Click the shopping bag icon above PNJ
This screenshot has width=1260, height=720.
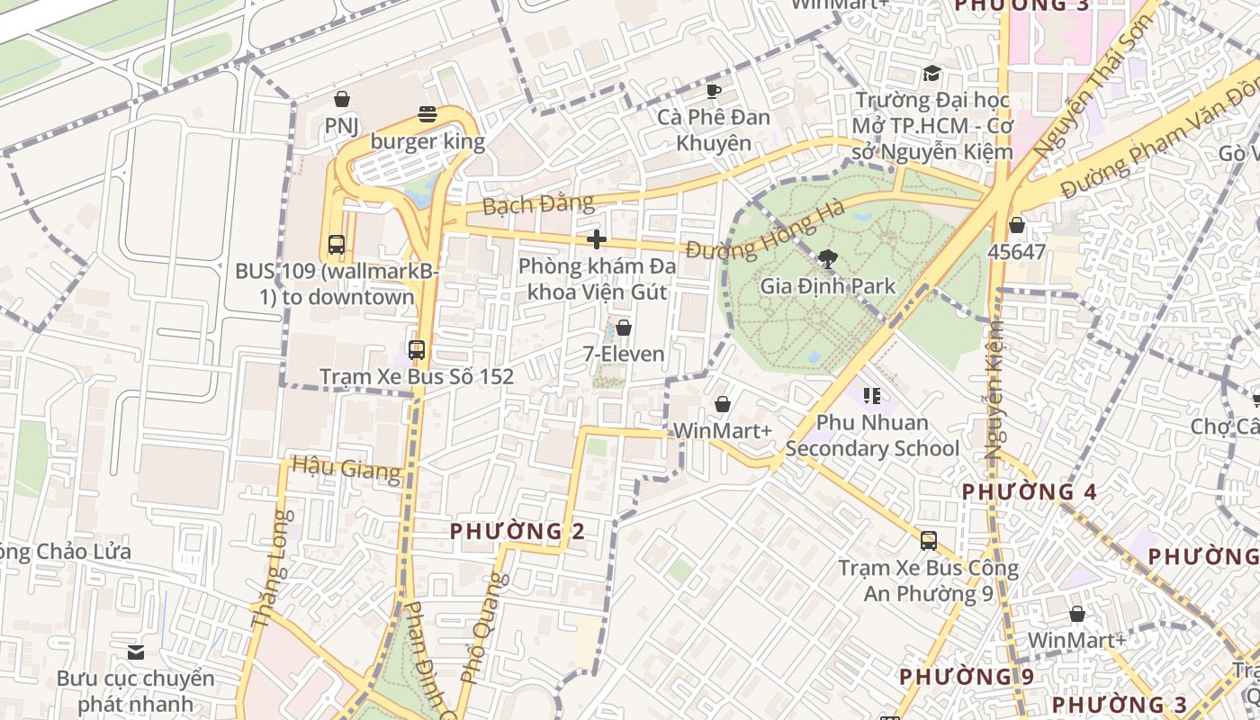pyautogui.click(x=341, y=99)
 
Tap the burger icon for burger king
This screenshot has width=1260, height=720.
pyautogui.click(x=427, y=114)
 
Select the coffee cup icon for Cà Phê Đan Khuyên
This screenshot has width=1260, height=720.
pyautogui.click(x=714, y=91)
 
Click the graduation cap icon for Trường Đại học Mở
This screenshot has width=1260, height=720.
pyautogui.click(x=932, y=74)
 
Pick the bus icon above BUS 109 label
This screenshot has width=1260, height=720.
pyautogui.click(x=337, y=244)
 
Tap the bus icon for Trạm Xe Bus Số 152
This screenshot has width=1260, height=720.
pyautogui.click(x=416, y=350)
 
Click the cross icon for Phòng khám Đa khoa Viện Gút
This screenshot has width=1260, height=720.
pyautogui.click(x=596, y=239)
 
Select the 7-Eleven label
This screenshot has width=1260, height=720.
pyautogui.click(x=624, y=354)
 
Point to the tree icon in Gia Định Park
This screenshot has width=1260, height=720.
pyautogui.click(x=827, y=260)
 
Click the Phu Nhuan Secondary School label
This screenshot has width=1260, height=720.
pyautogui.click(x=872, y=436)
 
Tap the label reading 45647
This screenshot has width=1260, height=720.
pyautogui.click(x=1016, y=252)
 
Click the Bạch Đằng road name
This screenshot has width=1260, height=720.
pyautogui.click(x=538, y=204)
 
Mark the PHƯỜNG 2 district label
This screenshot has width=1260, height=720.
pyautogui.click(x=517, y=531)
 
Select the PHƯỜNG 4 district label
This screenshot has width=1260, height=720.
pyautogui.click(x=1030, y=491)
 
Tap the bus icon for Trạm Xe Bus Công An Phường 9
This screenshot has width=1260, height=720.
pyautogui.click(x=928, y=541)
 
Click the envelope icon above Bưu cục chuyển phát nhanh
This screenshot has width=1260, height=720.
pyautogui.click(x=136, y=652)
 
